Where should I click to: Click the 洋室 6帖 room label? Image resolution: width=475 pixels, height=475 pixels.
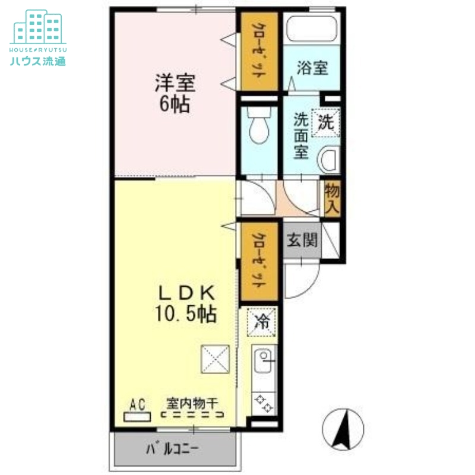pyautogui.click(x=175, y=93)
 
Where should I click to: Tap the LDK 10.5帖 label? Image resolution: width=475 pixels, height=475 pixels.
pyautogui.click(x=186, y=303)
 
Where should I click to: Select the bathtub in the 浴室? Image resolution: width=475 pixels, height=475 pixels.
pyautogui.click(x=312, y=29)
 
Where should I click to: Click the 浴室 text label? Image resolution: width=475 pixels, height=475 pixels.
pyautogui.click(x=312, y=68)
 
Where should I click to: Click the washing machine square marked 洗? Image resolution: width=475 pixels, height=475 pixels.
pyautogui.click(x=325, y=122)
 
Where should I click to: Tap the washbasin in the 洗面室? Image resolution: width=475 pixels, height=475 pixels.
pyautogui.click(x=329, y=160)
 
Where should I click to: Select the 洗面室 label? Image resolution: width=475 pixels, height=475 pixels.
pyautogui.click(x=301, y=136)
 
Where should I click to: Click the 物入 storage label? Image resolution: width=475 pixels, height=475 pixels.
pyautogui.click(x=332, y=199)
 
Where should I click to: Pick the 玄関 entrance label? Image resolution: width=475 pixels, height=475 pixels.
pyautogui.click(x=302, y=240)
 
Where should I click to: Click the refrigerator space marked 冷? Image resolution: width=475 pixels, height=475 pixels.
pyautogui.click(x=261, y=322)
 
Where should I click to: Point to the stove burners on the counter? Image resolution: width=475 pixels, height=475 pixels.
pyautogui.click(x=264, y=404)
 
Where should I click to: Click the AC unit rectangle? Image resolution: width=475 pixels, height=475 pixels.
pyautogui.click(x=137, y=417)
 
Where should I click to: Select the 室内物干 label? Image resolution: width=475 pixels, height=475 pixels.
pyautogui.click(x=192, y=403)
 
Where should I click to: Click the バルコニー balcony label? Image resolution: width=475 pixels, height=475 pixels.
pyautogui.click(x=172, y=449)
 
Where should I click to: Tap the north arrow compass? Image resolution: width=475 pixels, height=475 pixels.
pyautogui.click(x=343, y=429)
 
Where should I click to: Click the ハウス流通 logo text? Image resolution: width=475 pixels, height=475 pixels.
pyautogui.click(x=38, y=61)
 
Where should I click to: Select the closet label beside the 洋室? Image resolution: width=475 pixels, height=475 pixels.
pyautogui.click(x=259, y=51)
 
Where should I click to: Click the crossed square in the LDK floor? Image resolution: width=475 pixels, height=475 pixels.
pyautogui.click(x=216, y=359)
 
